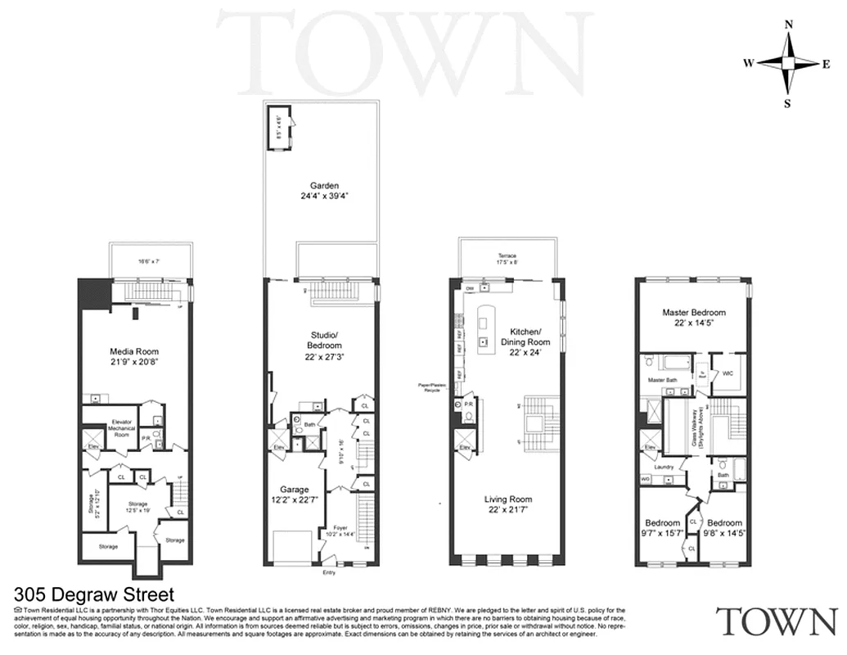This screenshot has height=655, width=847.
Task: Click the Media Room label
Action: tap(135, 351)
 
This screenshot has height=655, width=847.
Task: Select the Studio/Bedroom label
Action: tap(325, 339)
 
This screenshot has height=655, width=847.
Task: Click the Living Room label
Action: tap(507, 499)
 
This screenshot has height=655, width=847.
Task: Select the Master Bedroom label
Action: tap(694, 312)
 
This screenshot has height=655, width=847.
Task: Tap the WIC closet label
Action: tap(728, 373)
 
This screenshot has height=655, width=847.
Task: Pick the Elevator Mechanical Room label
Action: tap(122, 428)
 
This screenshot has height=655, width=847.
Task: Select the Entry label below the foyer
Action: tap(329, 573)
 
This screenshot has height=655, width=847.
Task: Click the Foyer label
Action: tap(340, 527)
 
